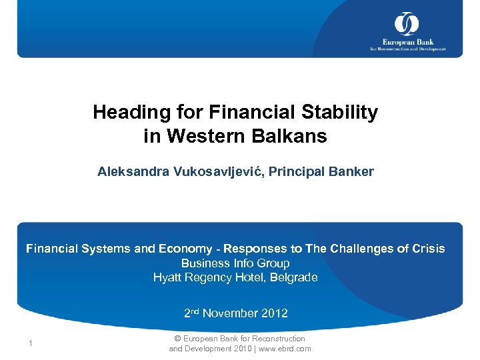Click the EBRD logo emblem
406,23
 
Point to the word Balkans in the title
295,136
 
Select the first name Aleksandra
133,171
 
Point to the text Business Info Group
235,263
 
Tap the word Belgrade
293,277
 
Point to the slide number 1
31,344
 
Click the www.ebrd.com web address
285,349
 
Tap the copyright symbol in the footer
177,339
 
